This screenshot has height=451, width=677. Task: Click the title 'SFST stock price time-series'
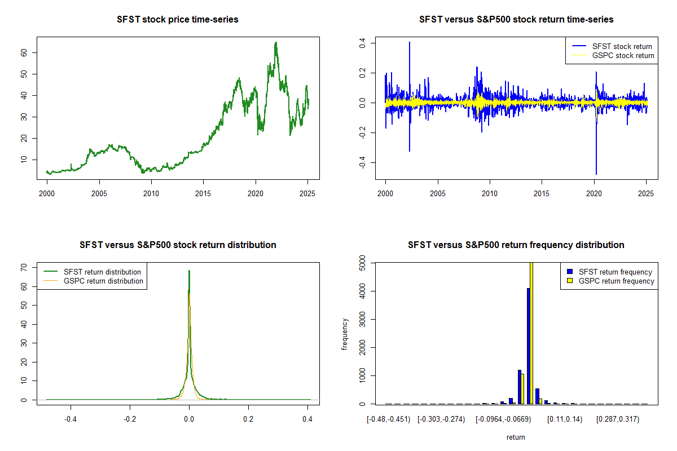pos(178,20)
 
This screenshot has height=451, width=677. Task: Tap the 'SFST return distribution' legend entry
pos(102,272)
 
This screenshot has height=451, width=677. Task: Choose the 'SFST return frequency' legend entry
pos(616,272)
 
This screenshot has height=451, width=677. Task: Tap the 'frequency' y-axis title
pos(345,334)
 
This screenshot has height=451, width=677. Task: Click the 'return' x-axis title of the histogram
pos(516,437)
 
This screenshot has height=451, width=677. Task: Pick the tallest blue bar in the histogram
pos(529,346)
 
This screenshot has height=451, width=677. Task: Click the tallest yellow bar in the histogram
pos(531,333)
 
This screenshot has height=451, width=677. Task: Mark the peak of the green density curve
pos(189,271)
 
